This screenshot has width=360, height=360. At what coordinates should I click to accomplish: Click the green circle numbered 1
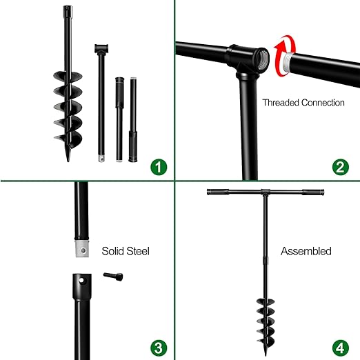point(160,166)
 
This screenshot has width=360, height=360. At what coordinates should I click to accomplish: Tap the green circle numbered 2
point(339,166)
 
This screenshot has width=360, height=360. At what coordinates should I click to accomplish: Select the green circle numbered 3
point(160,346)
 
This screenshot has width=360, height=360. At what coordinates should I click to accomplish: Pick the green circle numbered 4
point(339,346)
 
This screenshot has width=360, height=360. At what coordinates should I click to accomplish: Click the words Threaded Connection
point(303,102)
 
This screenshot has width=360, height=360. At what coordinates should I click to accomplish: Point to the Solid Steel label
point(126,251)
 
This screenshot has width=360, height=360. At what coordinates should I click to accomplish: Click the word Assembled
point(306,251)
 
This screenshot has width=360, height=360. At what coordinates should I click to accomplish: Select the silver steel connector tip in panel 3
point(81,248)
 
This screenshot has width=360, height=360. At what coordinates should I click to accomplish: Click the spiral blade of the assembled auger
point(265,318)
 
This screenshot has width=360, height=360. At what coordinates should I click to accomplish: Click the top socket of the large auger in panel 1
point(67,12)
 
